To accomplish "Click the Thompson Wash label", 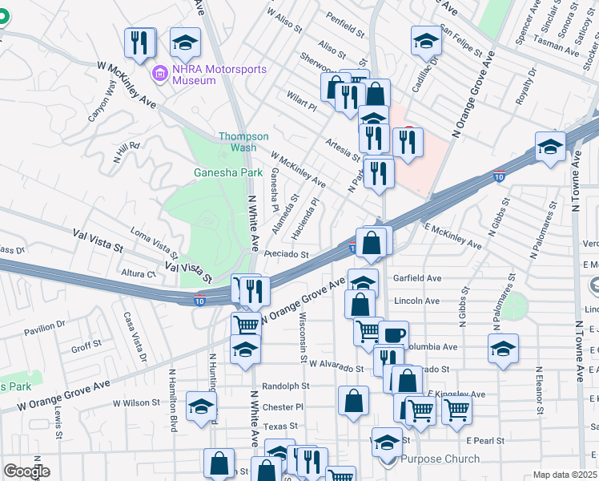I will [239, 142].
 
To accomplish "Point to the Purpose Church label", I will [440, 459].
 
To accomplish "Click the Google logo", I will [26, 471].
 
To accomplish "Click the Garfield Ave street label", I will [417, 278].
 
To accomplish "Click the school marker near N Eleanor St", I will [503, 349].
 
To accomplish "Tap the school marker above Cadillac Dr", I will [426, 40].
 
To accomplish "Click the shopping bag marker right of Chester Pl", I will [353, 401].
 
